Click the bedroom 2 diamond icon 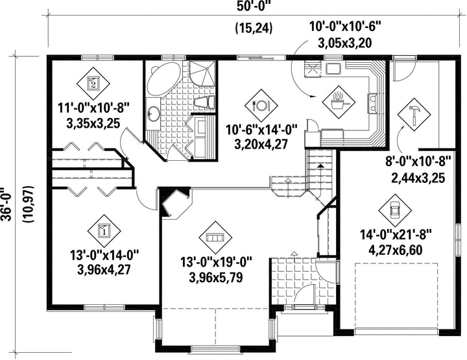pyautogui.click(x=93, y=83)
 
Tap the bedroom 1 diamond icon pyautogui.click(x=104, y=231)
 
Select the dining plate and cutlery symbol pyautogui.click(x=261, y=106)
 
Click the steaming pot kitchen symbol pyautogui.click(x=339, y=102)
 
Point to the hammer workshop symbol pyautogui.click(x=414, y=114)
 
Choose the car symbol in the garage pyautogui.click(x=395, y=211)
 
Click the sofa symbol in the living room pyautogui.click(x=215, y=237)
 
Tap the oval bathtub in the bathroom pyautogui.click(x=163, y=79)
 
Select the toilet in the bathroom pyautogui.click(x=205, y=102)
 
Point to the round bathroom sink pyautogui.click(x=154, y=114)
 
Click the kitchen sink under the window pyautogui.click(x=333, y=68)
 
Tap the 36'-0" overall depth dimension pyautogui.click(x=6, y=204)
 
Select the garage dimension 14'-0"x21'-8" pyautogui.click(x=396, y=235)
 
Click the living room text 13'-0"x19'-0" pyautogui.click(x=216, y=263)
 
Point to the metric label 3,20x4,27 pyautogui.click(x=261, y=145)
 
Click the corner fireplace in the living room pyautogui.click(x=175, y=202)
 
